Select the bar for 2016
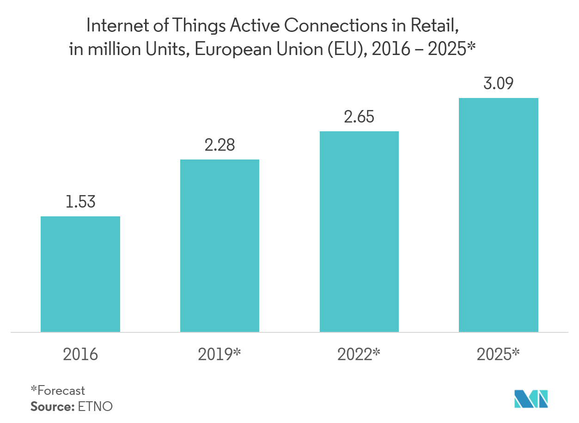pos(80,274)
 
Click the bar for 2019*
pos(219,245)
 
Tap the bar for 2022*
pos(359,231)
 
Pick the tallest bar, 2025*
pos(499,215)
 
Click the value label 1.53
pos(80,202)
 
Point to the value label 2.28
pos(219,145)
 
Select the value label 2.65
pos(359,117)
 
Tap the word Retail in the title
pos(439,26)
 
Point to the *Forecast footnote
pos(58,391)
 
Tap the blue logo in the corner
pos(532,399)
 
